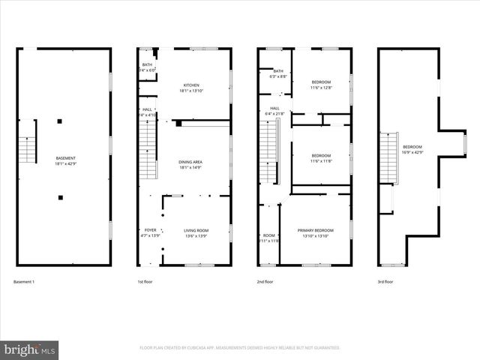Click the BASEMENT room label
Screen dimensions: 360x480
65,160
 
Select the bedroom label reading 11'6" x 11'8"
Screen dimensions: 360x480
321,157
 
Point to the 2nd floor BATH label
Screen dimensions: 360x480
277,73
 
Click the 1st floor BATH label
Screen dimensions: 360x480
147,67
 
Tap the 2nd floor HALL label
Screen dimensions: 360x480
275,111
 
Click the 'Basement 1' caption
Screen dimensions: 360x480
24,281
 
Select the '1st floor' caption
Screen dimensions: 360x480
145,281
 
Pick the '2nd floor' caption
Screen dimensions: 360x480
265,281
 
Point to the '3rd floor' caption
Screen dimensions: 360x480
385,281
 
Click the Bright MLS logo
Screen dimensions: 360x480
30,349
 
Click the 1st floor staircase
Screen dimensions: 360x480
148,150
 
